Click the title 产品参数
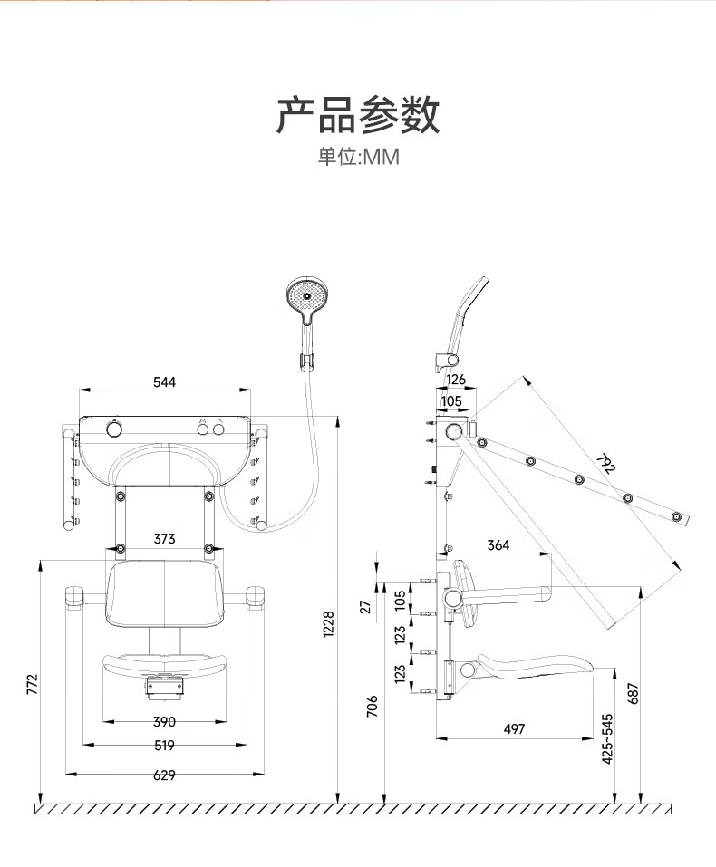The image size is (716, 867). coord(358,115)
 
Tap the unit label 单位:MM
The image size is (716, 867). coord(358,158)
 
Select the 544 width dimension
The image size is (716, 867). coord(164,382)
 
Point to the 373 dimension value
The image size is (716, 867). coord(164,539)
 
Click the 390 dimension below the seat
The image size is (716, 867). coord(164,722)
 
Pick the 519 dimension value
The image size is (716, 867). coord(164,746)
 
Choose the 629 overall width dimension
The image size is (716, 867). coord(164,775)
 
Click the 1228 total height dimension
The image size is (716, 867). coord(329,624)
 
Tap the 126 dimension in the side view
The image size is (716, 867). coord(456,380)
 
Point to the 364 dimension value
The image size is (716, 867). coord(498,545)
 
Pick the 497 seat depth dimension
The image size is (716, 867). coord(513,729)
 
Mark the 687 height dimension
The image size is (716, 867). coord(634,692)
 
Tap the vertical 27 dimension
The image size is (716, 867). coord(366,606)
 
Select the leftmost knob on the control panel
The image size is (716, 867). coord(114,427)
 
